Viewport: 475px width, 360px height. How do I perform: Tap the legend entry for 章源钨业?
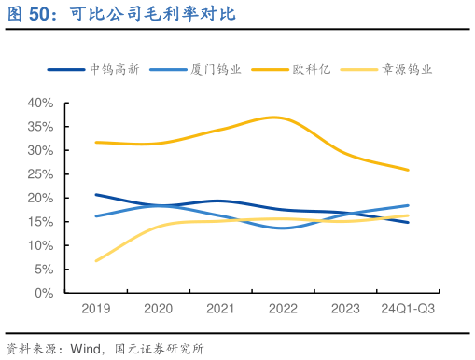(408, 70)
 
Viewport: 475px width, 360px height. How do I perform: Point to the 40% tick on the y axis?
(41, 103)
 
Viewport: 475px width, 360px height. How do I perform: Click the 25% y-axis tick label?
(41, 174)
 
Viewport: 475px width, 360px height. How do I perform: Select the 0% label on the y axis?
(45, 293)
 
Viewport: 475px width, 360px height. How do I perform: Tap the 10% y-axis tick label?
(41, 245)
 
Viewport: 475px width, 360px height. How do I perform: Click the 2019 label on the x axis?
(95, 309)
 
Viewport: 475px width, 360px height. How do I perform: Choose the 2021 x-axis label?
(220, 309)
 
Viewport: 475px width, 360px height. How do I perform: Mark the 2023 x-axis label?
(345, 309)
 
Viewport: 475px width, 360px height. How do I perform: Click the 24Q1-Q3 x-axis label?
(408, 309)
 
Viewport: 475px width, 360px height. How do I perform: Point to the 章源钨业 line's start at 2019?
(95, 260)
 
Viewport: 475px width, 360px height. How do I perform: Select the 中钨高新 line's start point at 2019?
(95, 195)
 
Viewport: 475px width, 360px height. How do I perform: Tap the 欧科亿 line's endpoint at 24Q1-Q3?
(408, 170)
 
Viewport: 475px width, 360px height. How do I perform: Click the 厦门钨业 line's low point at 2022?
(283, 228)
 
